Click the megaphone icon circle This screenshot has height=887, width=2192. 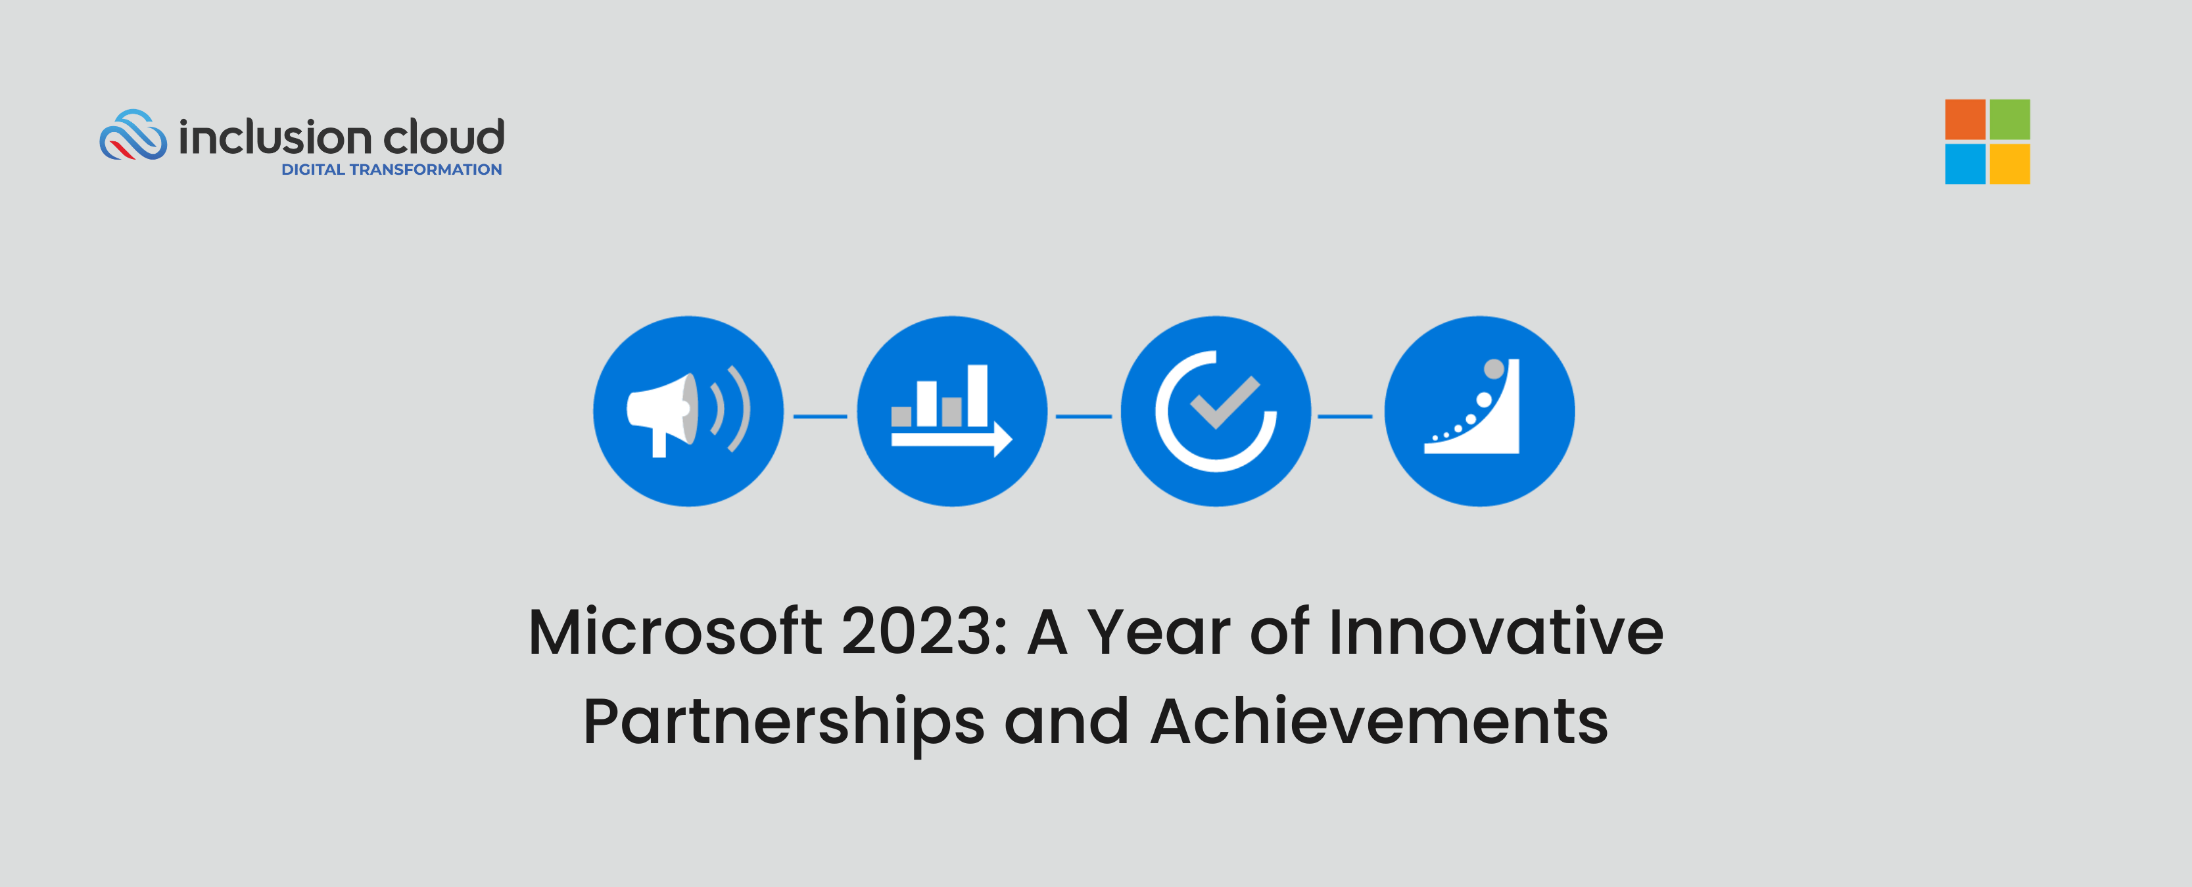point(688,411)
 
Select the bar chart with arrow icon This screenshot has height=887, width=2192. point(951,411)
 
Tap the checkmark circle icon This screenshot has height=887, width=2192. point(1215,411)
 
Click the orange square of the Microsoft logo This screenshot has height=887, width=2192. point(1965,120)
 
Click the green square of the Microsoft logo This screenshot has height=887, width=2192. point(2009,120)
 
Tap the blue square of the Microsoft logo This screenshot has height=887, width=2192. point(1965,164)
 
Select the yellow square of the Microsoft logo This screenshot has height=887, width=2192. point(2009,164)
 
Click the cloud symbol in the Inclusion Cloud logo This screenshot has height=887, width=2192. point(133,135)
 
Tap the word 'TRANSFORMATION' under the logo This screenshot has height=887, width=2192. point(425,170)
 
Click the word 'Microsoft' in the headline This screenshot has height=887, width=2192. point(675,633)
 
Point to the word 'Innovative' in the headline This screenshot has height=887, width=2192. point(1495,633)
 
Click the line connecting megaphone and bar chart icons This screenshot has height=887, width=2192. point(821,417)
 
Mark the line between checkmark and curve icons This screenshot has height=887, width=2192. point(1345,417)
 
